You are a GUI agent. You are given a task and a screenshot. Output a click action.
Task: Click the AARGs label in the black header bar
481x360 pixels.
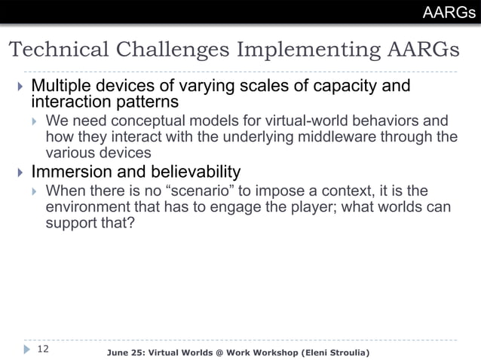tap(449, 12)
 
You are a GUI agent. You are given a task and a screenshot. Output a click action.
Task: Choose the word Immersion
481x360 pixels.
tap(70, 172)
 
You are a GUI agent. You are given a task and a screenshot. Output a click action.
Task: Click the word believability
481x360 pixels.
tap(196, 172)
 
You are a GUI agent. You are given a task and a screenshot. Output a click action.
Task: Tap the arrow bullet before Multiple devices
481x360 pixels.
tap(20, 86)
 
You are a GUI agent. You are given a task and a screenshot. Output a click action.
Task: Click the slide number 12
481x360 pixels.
tap(43, 349)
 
